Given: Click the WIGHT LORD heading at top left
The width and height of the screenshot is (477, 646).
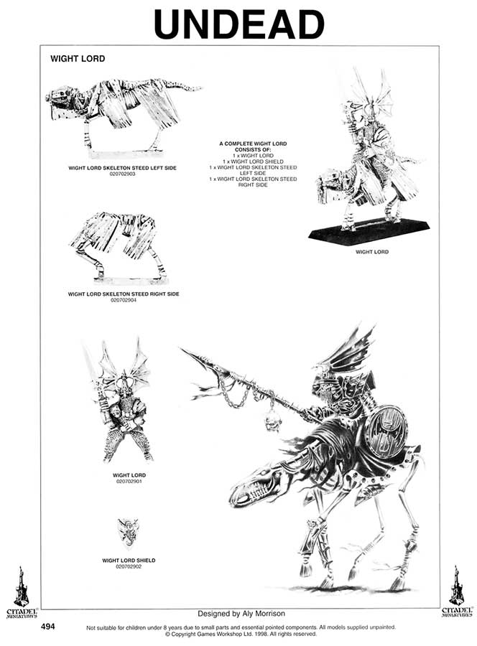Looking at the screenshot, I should tap(78, 59).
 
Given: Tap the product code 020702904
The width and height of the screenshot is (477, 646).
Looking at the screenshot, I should tap(124, 300).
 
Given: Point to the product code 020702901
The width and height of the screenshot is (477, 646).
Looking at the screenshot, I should tap(129, 481).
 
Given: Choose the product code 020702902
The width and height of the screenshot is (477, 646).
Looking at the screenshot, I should tap(129, 566).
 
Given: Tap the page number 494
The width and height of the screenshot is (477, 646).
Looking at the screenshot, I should tap(48, 627).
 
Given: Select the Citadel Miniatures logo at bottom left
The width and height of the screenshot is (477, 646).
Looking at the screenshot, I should tap(22, 592).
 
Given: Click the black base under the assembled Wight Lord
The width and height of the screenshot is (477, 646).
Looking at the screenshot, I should tap(369, 232).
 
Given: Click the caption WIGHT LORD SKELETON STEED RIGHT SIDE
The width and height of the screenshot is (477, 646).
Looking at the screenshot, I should tap(124, 294).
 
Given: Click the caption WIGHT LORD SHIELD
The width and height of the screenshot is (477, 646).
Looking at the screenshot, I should tap(129, 560).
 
